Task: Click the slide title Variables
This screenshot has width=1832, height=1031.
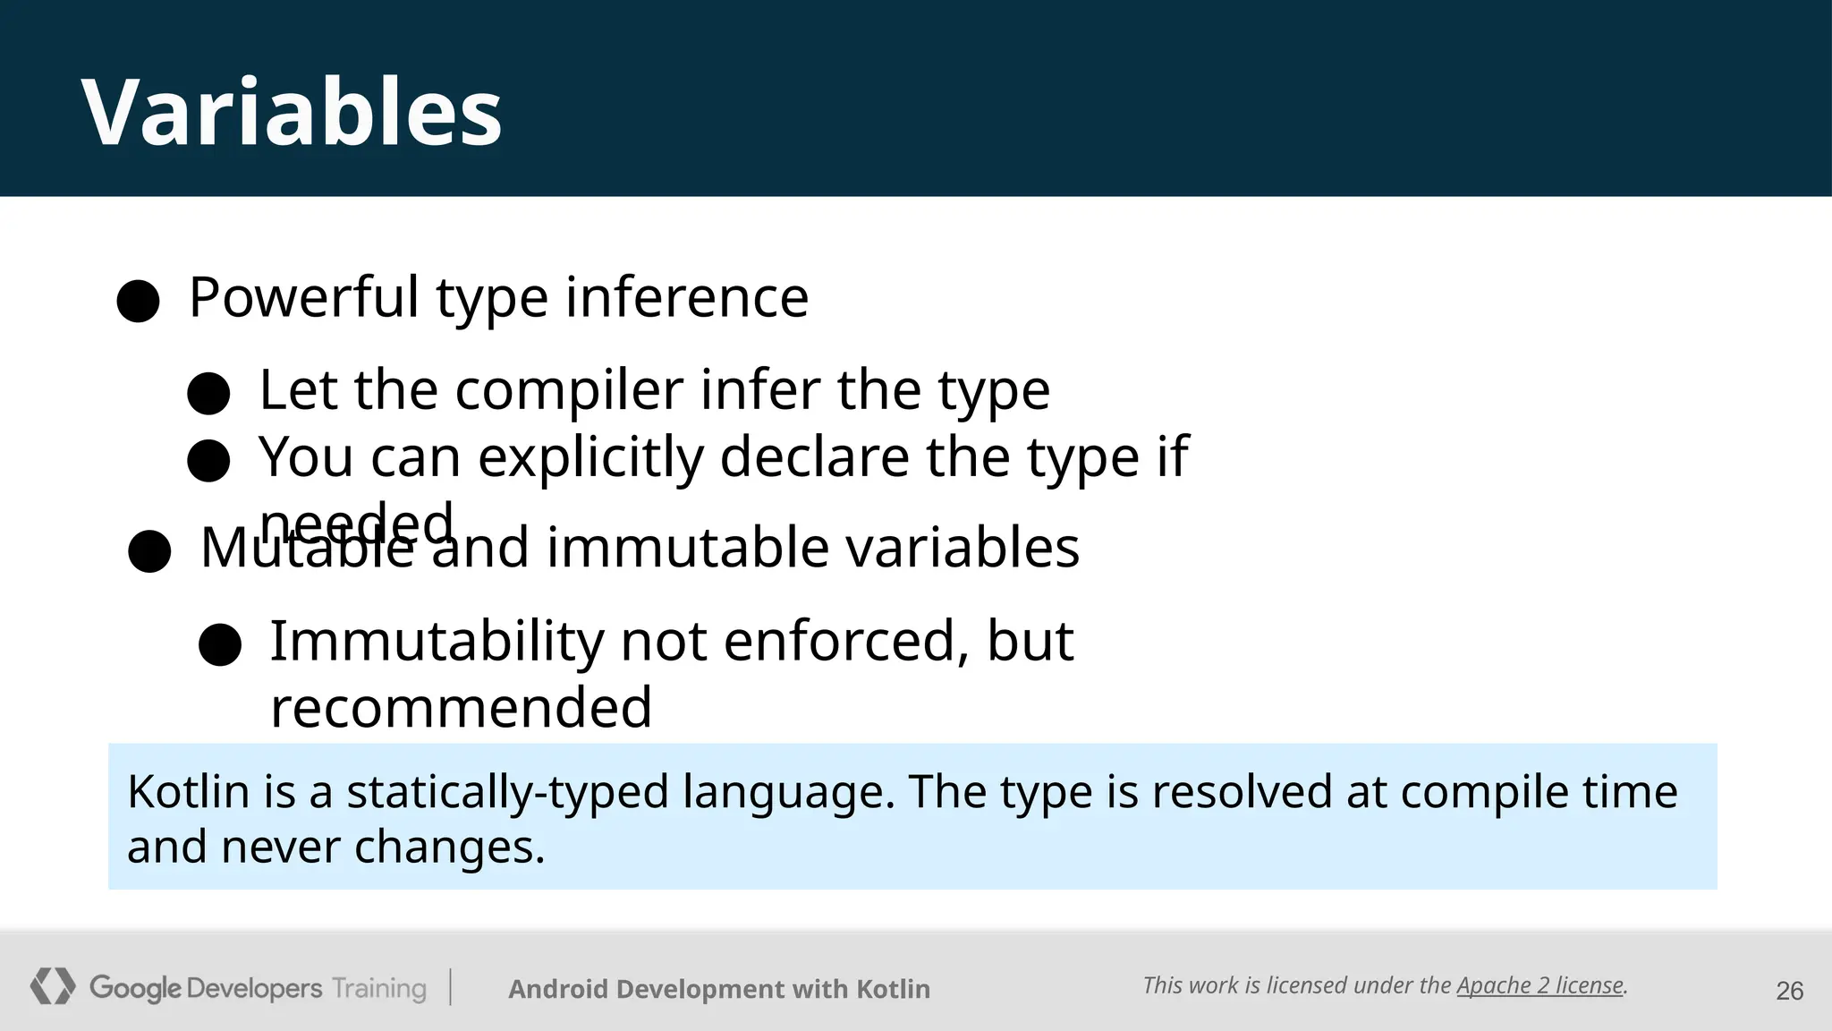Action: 292,112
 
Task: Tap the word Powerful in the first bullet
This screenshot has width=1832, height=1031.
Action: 303,297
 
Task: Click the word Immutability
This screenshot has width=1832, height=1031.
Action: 437,641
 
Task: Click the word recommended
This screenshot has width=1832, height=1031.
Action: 461,707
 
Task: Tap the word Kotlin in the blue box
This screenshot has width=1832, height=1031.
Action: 188,792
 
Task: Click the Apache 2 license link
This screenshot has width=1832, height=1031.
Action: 1539,985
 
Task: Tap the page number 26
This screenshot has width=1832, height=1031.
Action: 1789,991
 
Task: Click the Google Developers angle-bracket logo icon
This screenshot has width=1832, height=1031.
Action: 53,986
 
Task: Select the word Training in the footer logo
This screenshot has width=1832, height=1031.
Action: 379,988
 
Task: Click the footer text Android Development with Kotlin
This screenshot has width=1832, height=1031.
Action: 719,989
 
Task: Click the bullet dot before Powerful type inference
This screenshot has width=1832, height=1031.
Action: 138,301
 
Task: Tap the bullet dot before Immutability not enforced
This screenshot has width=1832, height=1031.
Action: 220,644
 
